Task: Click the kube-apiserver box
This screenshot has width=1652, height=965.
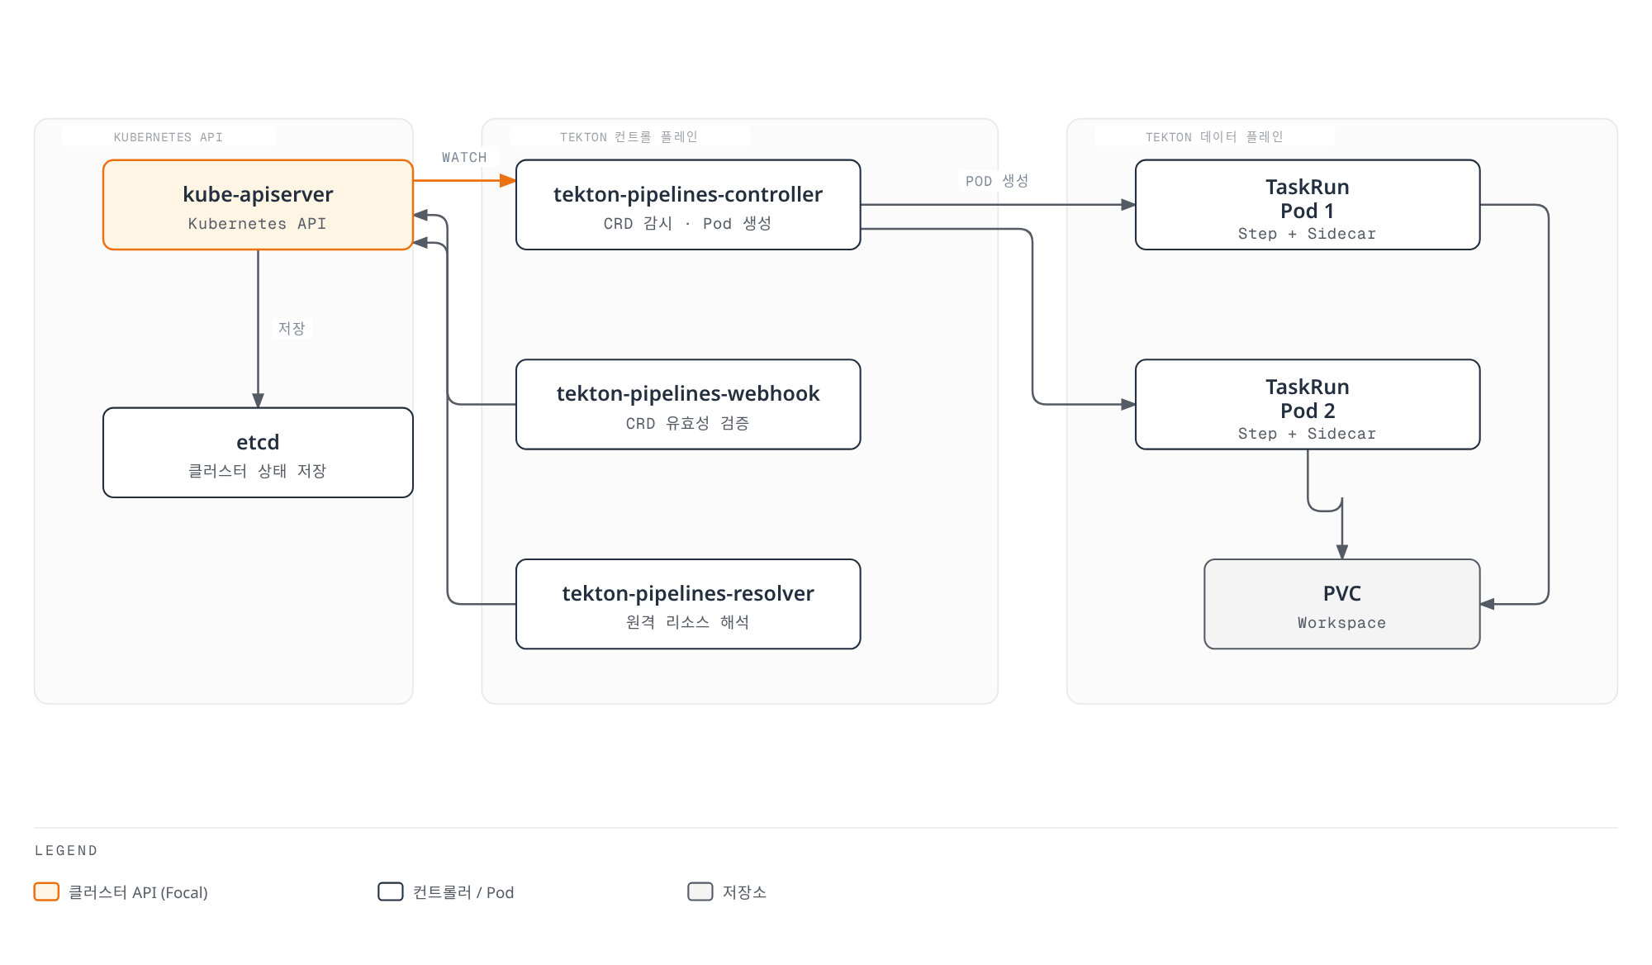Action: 258,205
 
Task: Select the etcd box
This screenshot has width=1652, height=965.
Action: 258,453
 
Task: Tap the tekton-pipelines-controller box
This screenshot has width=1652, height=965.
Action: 688,205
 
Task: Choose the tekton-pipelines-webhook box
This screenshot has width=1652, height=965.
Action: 688,405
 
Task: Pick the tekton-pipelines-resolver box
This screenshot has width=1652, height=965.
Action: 688,604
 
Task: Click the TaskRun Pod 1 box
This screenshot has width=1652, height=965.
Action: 1308,205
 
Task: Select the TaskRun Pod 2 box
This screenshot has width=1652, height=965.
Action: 1308,405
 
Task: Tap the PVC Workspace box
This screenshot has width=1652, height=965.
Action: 1342,604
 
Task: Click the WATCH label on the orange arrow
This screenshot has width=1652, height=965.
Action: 464,157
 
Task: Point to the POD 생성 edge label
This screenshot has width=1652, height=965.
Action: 997,181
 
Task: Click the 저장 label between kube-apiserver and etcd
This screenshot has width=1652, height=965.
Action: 292,328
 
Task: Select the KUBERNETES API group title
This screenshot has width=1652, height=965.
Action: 169,137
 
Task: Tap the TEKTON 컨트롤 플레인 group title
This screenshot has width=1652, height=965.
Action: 629,137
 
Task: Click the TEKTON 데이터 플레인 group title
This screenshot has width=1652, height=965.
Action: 1214,137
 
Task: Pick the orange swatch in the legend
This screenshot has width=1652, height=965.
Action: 46,891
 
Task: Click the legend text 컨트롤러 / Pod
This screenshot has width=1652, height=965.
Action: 463,892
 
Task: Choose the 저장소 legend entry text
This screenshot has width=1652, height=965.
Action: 744,892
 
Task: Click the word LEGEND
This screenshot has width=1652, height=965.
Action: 66,850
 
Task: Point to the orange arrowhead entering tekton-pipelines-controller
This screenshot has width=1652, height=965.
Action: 508,180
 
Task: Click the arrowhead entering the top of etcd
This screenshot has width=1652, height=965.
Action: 258,401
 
